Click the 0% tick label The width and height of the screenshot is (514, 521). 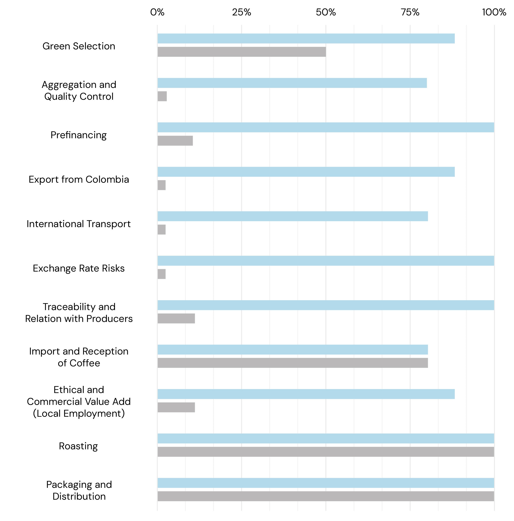tap(157, 12)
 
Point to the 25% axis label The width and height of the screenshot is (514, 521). tap(241, 12)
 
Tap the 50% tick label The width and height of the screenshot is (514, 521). tap(326, 12)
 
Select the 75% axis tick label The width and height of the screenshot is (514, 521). tap(410, 12)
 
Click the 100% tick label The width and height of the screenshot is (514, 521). tap(494, 12)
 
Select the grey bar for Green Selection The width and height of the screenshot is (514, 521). tap(242, 52)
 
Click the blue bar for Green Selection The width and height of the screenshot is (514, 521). tap(306, 39)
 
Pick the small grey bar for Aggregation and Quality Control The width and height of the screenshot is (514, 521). tap(162, 96)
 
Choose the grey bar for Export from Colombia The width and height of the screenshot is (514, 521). tap(162, 185)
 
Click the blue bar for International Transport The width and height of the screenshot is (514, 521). tap(293, 216)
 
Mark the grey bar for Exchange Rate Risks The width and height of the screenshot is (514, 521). tap(162, 274)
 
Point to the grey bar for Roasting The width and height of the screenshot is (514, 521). tap(326, 452)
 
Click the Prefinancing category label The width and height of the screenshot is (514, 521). tap(78, 135)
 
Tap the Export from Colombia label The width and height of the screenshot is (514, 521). tap(79, 179)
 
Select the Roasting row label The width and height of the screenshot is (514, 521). tap(78, 446)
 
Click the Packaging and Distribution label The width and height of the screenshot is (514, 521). tap(79, 490)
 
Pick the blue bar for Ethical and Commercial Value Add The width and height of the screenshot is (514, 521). tap(306, 394)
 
